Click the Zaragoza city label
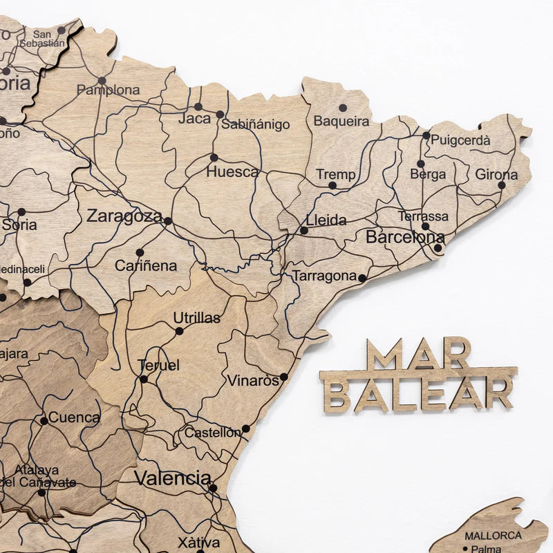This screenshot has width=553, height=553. pos(124,216)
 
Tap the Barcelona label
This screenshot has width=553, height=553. pos(404,237)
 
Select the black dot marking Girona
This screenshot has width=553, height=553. pos(502,185)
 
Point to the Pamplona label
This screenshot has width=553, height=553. pos(108,90)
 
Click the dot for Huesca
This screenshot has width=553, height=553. pos(214,158)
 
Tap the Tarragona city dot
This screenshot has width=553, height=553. pos(362,278)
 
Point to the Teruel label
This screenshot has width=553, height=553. pos(158,365)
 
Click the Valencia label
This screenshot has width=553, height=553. pos(173,478)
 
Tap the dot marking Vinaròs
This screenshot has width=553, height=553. pos(283,377)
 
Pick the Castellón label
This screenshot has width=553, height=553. pos(212,433)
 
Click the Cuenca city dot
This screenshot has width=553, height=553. pos(44,420)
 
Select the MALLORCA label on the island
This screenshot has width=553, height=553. pos(493,536)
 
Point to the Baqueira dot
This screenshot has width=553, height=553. pos(342,108)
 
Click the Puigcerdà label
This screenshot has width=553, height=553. pos(460,140)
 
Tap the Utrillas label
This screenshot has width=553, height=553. pos(197,318)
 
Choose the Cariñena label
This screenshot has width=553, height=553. pos(146,265)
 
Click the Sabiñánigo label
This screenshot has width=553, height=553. pos(255,125)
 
